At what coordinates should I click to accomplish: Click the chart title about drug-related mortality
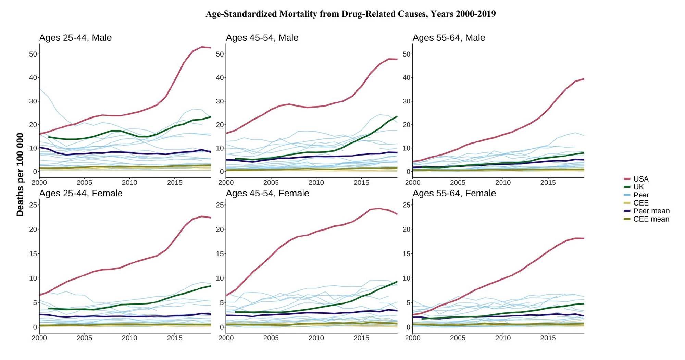pos(350,14)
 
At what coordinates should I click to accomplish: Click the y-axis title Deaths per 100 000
pos(20,175)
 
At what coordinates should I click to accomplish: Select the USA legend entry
pos(640,179)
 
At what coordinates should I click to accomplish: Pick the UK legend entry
pos(638,187)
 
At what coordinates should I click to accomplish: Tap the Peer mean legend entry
pos(651,211)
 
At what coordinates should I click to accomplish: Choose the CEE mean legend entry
pos(651,219)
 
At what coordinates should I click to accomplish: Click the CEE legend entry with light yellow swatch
pos(640,203)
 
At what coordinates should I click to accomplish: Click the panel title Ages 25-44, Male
pos(75,38)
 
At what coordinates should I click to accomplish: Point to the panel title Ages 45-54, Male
pos(262,38)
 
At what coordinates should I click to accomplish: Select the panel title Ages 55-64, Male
pos(449,38)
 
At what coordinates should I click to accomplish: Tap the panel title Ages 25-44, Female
pos(81,193)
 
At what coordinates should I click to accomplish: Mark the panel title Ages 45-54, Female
pos(267,193)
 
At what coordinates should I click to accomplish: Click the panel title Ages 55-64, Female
pos(454,193)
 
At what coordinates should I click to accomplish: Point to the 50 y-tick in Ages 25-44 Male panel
pos(33,54)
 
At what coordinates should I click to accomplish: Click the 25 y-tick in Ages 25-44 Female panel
pos(33,205)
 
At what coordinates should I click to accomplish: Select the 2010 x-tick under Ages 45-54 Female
pos(316,338)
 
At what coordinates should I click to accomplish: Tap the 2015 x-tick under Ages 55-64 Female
pos(548,338)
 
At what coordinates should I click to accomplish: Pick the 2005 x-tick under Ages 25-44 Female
pos(84,338)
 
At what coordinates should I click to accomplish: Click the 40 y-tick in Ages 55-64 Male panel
pos(407,78)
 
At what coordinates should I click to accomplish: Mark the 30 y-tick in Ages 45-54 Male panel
pos(220,101)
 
